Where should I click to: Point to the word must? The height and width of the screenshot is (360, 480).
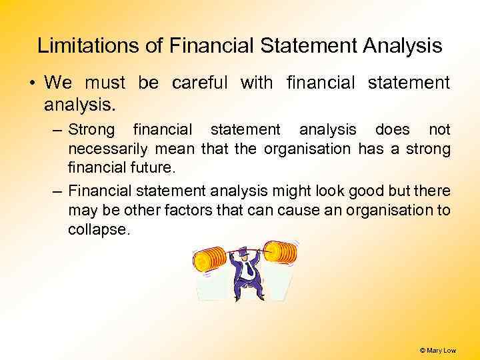[x=105, y=83]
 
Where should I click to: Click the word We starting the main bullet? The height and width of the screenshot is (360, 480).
[x=58, y=83]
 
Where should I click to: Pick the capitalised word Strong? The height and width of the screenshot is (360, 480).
[x=91, y=129]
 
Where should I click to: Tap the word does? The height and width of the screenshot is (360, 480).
[x=393, y=129]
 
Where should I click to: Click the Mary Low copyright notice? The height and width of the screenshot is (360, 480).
[x=437, y=350]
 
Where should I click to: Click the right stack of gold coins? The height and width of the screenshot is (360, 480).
[x=280, y=252]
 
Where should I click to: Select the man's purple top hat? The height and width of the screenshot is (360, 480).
[x=242, y=251]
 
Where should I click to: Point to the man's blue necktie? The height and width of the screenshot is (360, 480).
[x=247, y=270]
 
